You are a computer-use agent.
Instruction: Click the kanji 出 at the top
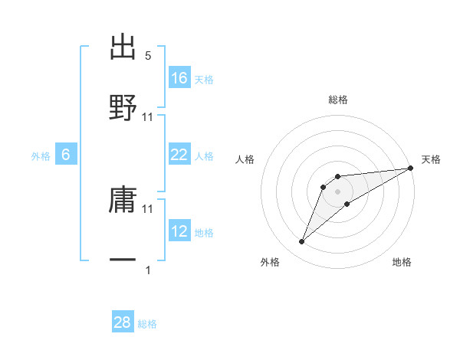coord(123,47)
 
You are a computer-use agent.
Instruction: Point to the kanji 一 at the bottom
coord(123,260)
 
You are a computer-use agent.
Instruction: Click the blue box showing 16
coord(179,78)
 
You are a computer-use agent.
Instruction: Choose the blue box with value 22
coord(179,155)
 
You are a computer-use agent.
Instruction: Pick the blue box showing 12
coord(179,231)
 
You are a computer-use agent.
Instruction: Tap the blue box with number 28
coord(123,322)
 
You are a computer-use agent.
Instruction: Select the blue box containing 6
coord(66,155)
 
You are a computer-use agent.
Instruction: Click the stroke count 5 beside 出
coord(148,56)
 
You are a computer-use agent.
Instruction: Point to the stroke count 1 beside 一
coord(148,270)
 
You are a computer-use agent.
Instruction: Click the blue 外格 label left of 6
coord(41,156)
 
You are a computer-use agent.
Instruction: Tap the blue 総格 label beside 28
coord(147,324)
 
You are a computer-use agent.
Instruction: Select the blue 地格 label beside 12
coord(204,233)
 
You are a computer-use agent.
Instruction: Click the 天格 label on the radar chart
coord(431,159)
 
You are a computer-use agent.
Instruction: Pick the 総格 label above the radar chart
coord(338,100)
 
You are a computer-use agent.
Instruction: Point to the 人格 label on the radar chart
coord(245,159)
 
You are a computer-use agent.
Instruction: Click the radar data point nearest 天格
coord(410,169)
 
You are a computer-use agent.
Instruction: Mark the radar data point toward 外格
coord(302,242)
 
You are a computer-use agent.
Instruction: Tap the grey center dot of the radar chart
coord(338,191)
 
